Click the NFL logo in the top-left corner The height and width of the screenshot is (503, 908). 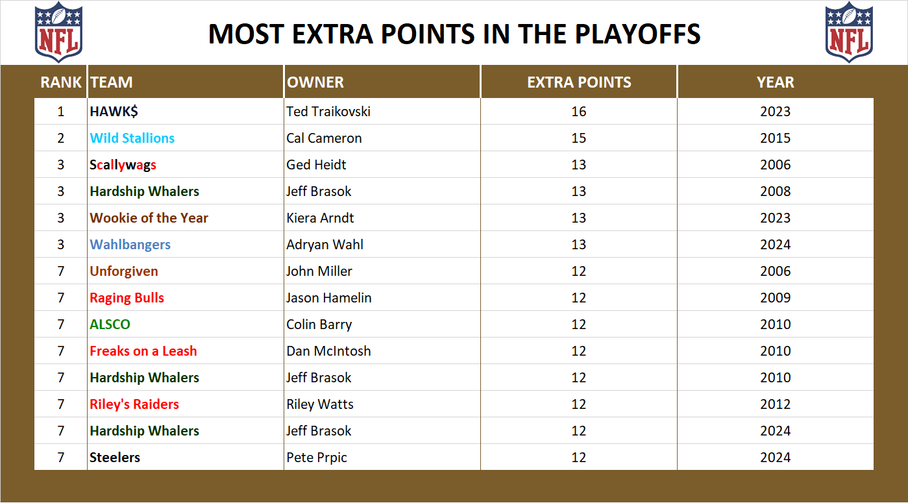tap(58, 32)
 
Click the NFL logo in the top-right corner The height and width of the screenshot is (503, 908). tap(849, 32)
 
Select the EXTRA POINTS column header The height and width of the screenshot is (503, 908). tap(578, 82)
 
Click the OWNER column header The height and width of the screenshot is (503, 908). tap(315, 82)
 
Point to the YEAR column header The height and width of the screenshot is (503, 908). tap(775, 82)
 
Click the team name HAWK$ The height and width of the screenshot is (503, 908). tap(114, 112)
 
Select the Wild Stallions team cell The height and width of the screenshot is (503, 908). tap(132, 138)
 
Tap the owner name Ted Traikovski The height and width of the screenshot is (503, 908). tap(328, 112)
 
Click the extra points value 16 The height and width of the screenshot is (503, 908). tap(578, 112)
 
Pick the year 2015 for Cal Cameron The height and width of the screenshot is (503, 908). tap(775, 138)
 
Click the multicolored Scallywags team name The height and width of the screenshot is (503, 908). tap(123, 165)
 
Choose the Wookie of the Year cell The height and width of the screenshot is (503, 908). tap(149, 218)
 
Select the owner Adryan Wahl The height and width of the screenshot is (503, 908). tap(325, 245)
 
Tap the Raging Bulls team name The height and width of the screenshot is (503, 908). tap(127, 298)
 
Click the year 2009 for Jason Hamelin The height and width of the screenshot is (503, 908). tap(775, 298)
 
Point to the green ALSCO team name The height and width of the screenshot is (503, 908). tap(110, 325)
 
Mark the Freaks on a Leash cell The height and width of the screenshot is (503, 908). tap(143, 351)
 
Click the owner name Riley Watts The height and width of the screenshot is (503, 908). tap(320, 404)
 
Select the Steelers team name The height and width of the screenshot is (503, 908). tap(115, 458)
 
